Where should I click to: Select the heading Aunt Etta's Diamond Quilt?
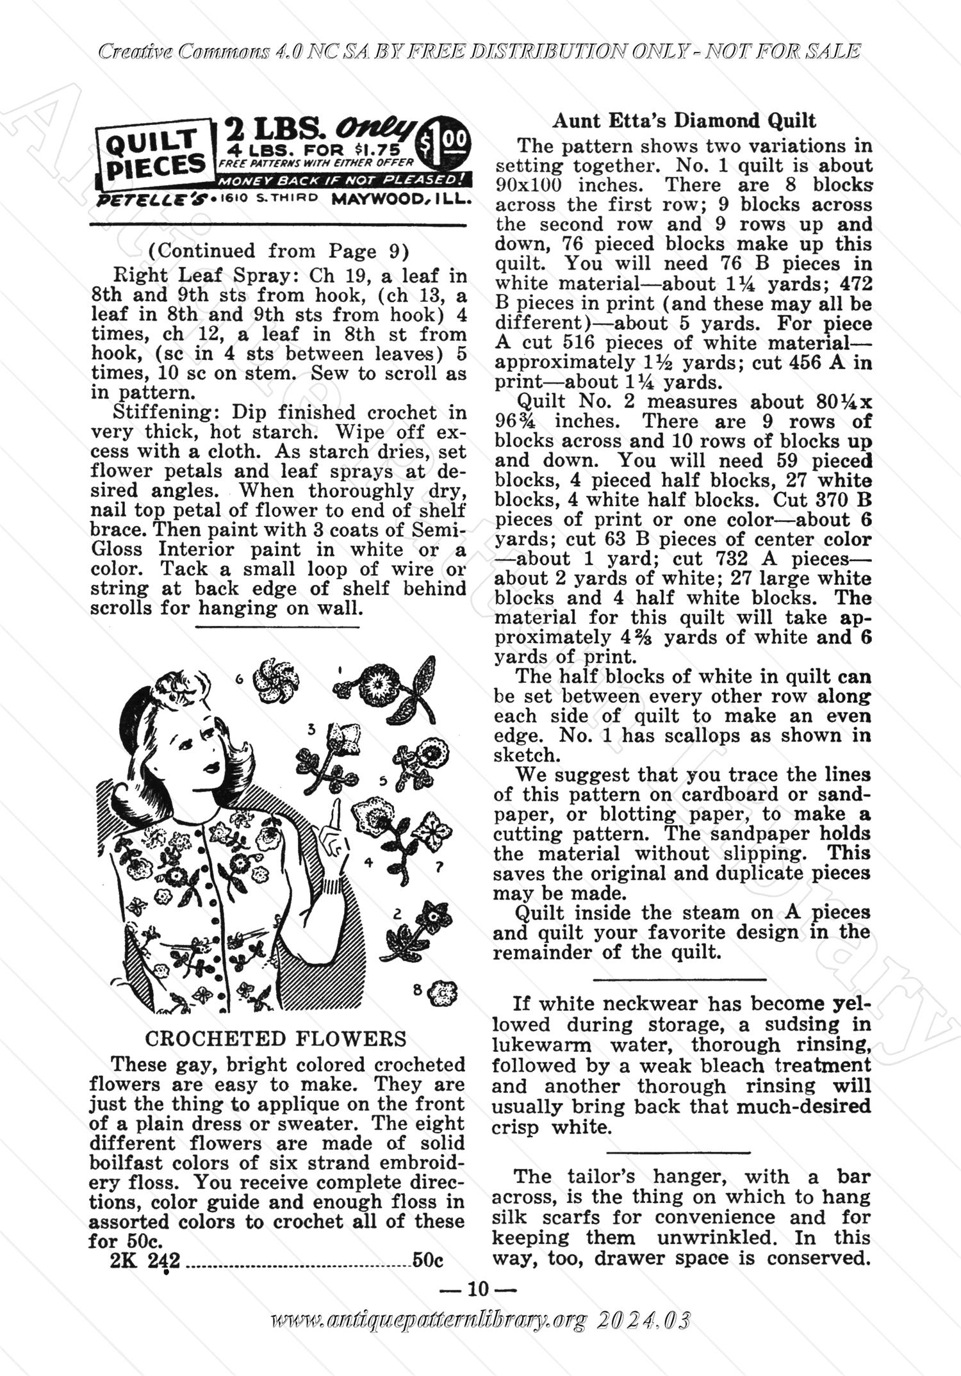(684, 120)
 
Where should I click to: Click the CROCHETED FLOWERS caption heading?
(276, 1038)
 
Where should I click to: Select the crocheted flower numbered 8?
(442, 994)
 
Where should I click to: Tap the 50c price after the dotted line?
(428, 1260)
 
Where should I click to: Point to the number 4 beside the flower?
(368, 862)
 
